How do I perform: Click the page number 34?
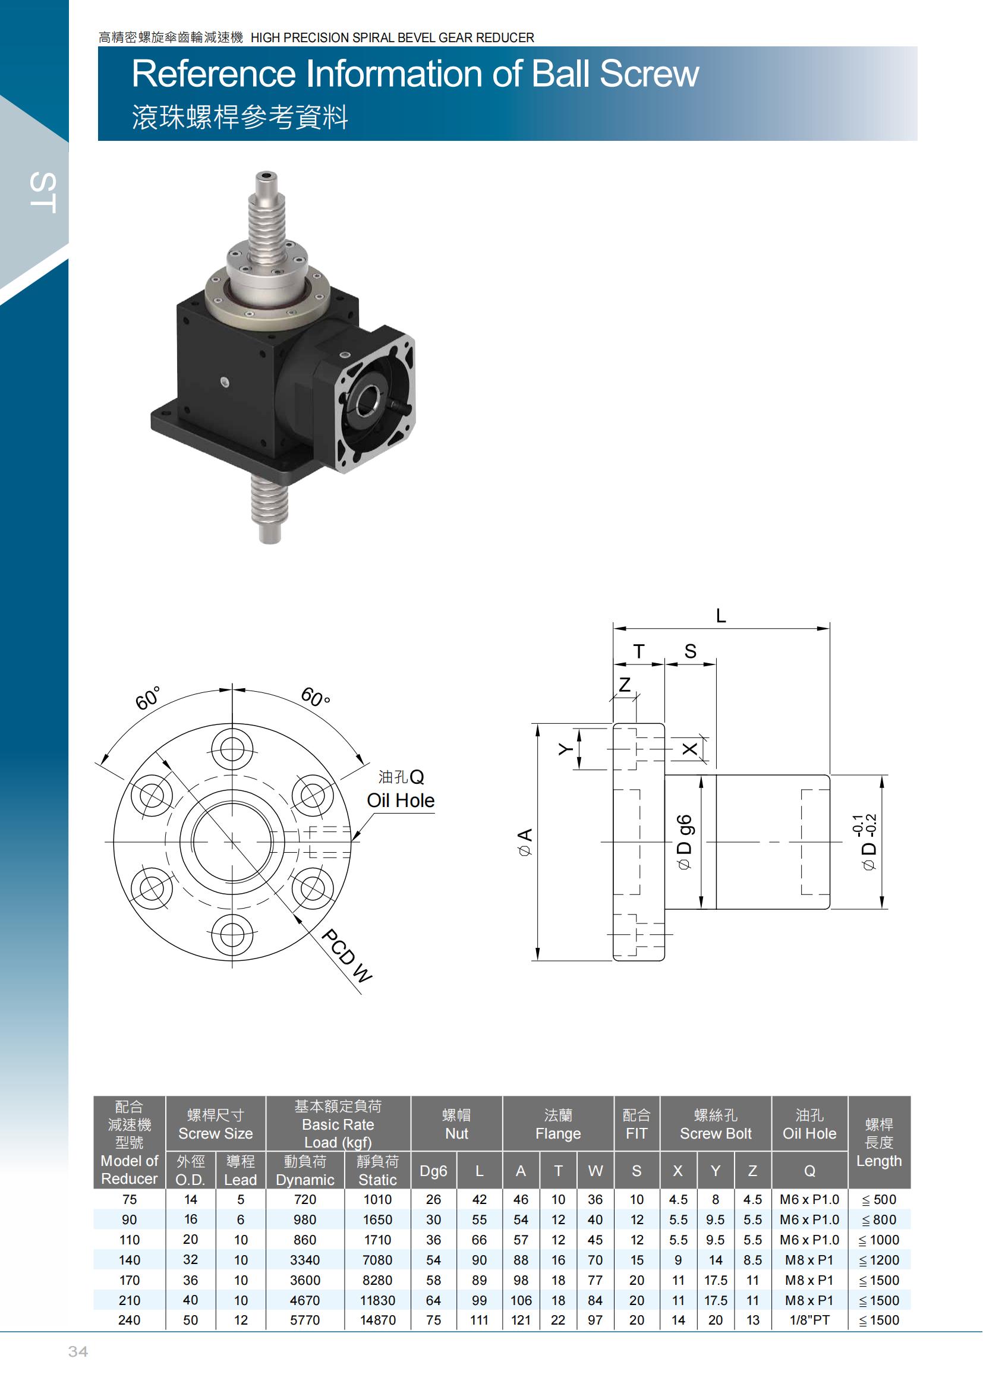(x=78, y=1351)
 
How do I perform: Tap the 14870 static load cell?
(x=378, y=1320)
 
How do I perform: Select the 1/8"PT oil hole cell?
(x=809, y=1320)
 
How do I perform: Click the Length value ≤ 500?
(x=879, y=1199)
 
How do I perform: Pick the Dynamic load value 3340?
(x=305, y=1260)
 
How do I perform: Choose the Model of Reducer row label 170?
(x=130, y=1280)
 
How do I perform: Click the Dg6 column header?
(x=433, y=1171)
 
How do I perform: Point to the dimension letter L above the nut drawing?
(x=720, y=616)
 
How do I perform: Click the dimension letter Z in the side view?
(x=625, y=684)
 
